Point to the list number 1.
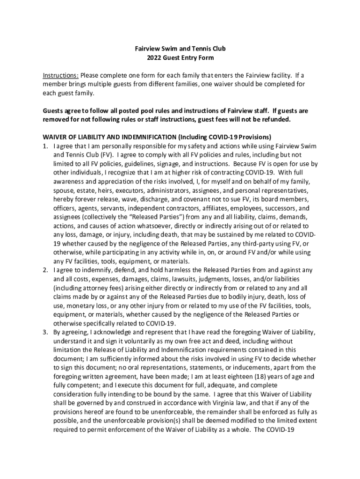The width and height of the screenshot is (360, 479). (x=46, y=146)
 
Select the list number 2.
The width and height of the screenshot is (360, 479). (x=46, y=270)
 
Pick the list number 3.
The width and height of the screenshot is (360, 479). (x=46, y=332)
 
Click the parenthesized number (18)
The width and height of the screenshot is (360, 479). (x=286, y=377)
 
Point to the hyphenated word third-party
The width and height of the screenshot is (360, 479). (x=251, y=244)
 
